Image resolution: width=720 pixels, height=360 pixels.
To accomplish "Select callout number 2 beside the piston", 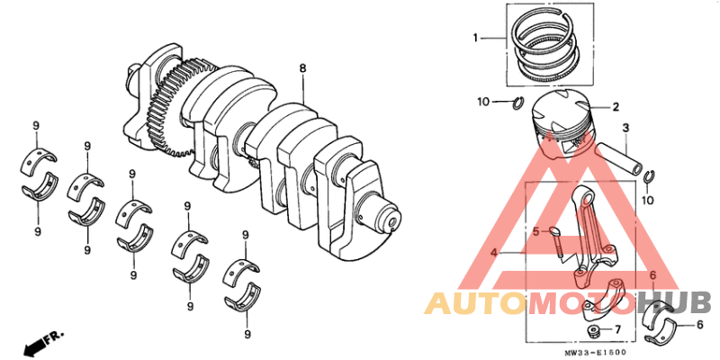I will pos(616,106).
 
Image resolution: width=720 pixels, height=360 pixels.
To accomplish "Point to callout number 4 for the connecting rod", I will pos(494,254).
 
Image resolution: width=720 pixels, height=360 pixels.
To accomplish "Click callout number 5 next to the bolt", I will pos(534,231).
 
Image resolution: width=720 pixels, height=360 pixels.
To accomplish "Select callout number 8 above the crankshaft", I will pos(303,68).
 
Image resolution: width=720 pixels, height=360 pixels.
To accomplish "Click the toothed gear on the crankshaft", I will pos(167,108).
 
